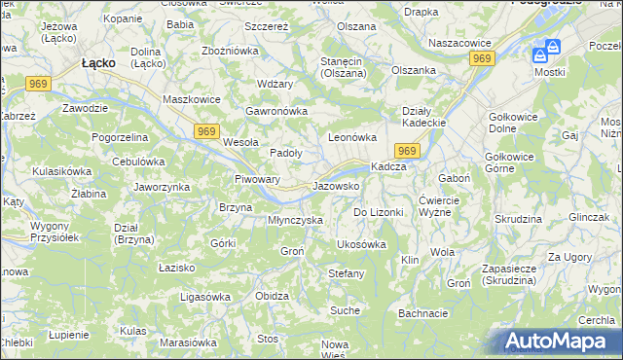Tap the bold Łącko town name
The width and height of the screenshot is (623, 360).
point(98,62)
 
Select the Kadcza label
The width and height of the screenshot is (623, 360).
point(388,166)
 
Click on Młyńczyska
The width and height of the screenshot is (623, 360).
point(295,220)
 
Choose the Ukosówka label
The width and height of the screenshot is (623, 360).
point(361,244)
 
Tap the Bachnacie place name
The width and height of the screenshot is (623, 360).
point(422,313)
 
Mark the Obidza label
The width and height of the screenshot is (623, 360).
point(272,296)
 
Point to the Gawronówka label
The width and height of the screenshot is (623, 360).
point(276,111)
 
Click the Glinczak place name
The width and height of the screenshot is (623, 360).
point(588,217)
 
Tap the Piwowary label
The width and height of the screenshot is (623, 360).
point(258,179)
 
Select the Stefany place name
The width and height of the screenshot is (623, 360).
point(346,273)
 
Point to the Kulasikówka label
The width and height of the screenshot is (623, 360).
point(61,171)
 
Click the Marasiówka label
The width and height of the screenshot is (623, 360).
point(187,342)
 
